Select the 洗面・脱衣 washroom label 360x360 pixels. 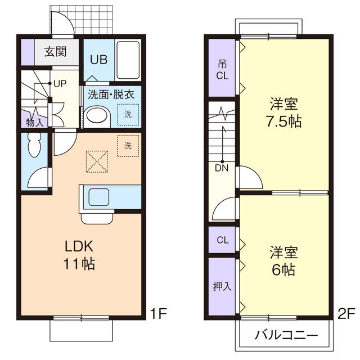(111, 94)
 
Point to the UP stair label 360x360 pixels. (60, 83)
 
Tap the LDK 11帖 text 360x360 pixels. (79, 255)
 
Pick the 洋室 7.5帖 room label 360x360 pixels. (284, 112)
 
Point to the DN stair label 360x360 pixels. (222, 167)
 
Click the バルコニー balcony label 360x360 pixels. (286, 335)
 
